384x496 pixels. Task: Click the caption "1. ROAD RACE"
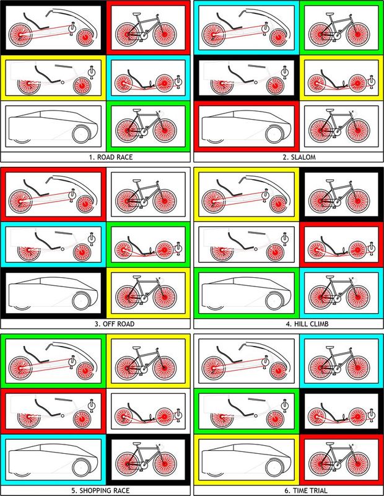coord(111,157)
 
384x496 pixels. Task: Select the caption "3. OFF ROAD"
coord(115,324)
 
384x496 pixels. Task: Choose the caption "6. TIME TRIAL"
coord(305,490)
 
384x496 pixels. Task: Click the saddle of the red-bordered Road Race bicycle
coord(136,14)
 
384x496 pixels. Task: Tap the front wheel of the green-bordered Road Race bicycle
coord(164,130)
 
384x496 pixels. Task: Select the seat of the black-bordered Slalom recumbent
coord(240,75)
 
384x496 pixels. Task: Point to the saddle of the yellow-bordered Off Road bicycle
coord(136,277)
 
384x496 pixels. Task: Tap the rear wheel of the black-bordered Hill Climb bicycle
coord(320,201)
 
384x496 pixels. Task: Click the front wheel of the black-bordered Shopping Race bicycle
coord(164,464)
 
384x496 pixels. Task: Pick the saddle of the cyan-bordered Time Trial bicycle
coord(329,348)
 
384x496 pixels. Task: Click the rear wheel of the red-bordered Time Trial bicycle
coord(320,464)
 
